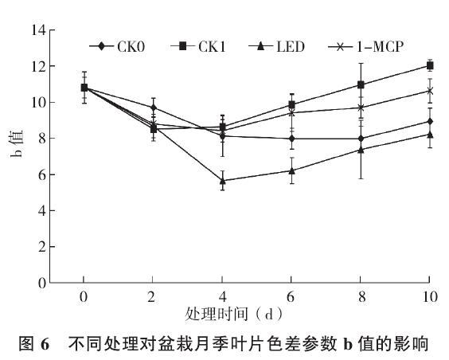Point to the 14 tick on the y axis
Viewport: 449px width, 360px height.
[37, 31]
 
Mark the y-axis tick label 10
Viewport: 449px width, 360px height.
[37, 103]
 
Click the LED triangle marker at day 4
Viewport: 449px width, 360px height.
[222, 181]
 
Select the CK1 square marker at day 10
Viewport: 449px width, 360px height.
[430, 66]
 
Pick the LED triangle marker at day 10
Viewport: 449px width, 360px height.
[430, 134]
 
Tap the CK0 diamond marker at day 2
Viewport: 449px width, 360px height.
[153, 108]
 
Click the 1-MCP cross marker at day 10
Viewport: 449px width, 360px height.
[430, 91]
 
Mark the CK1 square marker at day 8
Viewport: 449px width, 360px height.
[361, 84]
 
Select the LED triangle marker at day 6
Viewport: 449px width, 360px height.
[291, 170]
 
